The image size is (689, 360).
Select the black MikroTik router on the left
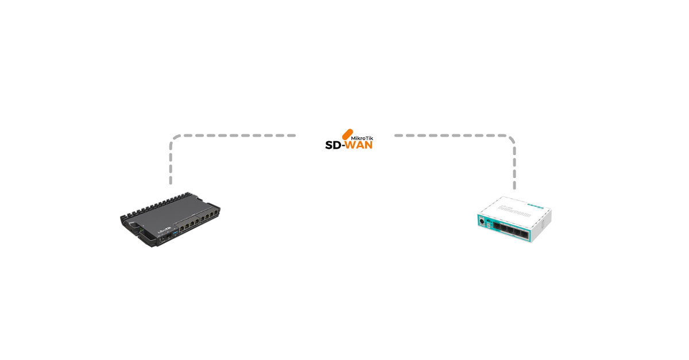[x=171, y=217]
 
